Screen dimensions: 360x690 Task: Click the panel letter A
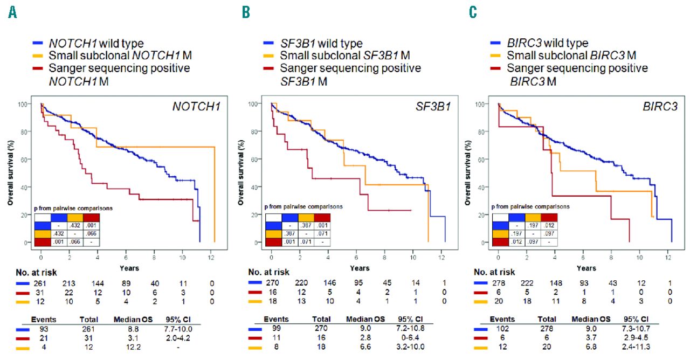(12, 12)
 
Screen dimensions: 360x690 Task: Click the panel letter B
(246, 12)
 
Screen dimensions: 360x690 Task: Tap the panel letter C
(473, 12)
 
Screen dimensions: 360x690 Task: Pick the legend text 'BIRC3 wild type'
(547, 43)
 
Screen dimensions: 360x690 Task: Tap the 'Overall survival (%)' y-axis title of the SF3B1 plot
(239, 172)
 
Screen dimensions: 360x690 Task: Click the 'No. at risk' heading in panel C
(494, 272)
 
